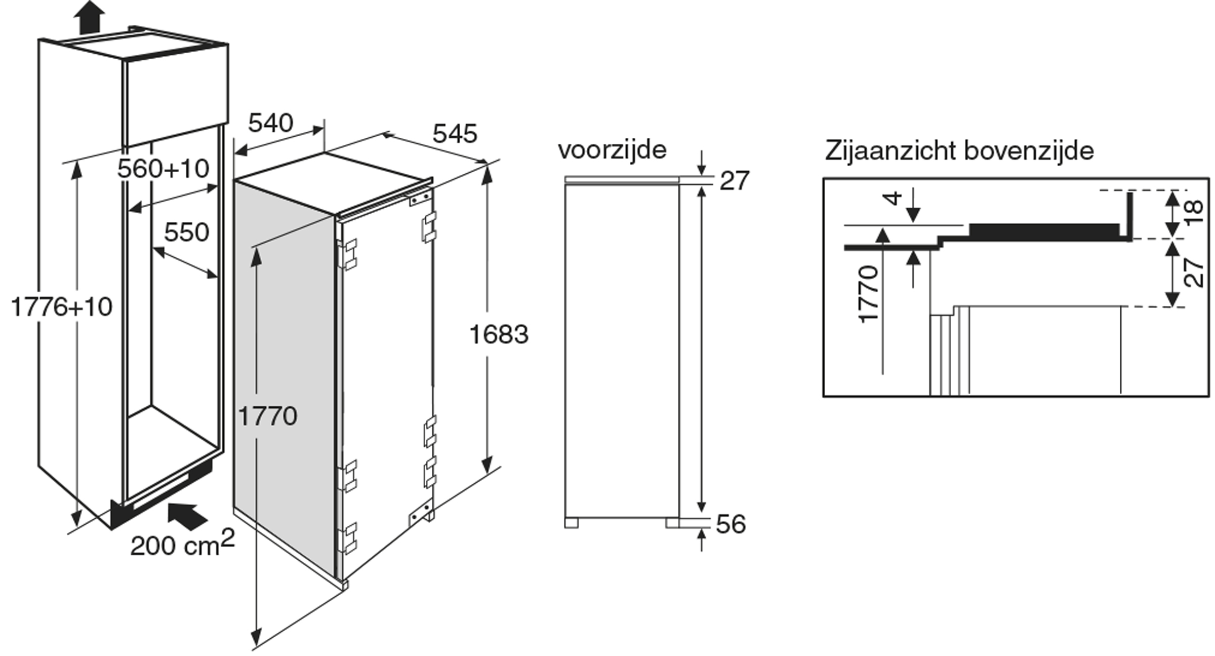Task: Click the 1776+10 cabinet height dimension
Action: [x=61, y=307]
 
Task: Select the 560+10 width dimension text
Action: [x=163, y=169]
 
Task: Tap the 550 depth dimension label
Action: [x=186, y=233]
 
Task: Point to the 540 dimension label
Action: [x=271, y=123]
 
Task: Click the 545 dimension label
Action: [x=455, y=134]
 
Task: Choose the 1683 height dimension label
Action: [x=499, y=334]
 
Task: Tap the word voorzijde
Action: [x=612, y=150]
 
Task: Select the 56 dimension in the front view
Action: [x=731, y=524]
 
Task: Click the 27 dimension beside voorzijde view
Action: [x=734, y=181]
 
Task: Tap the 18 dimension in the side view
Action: [x=1193, y=213]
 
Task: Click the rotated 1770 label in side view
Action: [x=869, y=294]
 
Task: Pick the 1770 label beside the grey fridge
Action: [x=267, y=416]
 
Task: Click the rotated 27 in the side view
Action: [x=1194, y=274]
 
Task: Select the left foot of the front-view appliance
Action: [x=571, y=523]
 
